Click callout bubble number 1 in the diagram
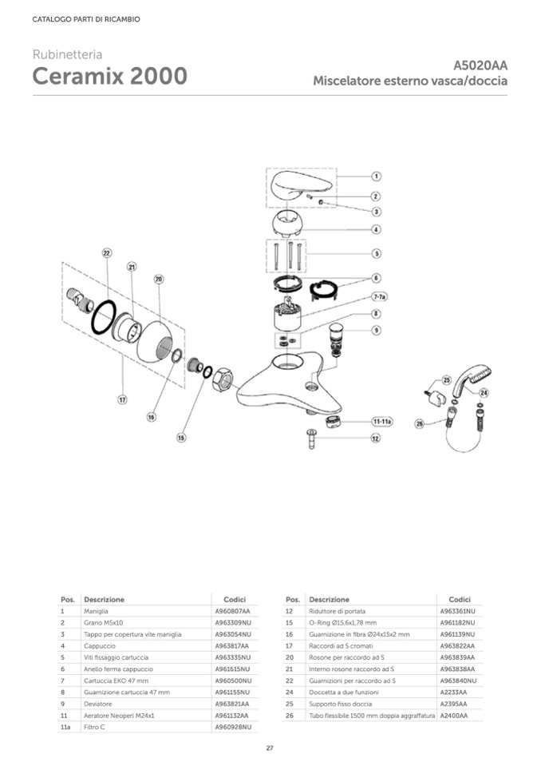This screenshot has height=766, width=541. point(376,176)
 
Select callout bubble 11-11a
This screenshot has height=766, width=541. point(382,420)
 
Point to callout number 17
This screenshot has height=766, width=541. point(123,399)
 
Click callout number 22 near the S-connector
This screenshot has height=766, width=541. point(106,252)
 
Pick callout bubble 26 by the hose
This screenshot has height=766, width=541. point(420,423)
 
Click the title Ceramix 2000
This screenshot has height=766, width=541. point(110,77)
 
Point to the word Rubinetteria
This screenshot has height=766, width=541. point(67,54)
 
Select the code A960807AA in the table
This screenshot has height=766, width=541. point(232,610)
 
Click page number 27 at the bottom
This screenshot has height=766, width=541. point(270,748)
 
